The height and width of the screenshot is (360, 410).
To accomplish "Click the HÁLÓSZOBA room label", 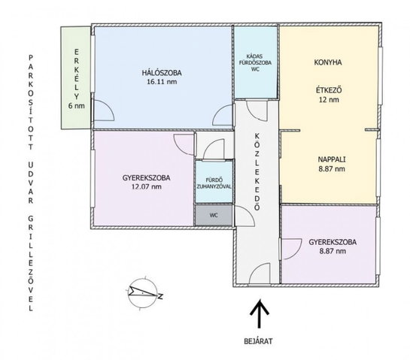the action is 162,73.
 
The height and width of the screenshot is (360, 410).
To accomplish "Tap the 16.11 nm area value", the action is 162,81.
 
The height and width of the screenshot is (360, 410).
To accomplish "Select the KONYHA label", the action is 328,62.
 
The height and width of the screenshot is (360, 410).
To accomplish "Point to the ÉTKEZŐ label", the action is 329,90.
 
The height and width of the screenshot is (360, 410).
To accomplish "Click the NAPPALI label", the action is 332,159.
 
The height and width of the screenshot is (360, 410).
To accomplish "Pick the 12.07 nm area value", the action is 147,186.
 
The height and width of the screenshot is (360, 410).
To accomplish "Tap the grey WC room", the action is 214,215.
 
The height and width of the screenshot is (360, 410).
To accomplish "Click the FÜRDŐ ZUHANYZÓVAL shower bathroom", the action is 214,182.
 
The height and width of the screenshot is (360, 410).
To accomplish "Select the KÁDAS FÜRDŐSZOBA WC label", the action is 256,62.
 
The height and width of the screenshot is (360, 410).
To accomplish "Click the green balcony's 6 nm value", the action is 76,106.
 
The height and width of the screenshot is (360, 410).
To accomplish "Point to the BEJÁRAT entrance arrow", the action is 259,313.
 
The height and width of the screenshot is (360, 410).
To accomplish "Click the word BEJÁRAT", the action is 258,341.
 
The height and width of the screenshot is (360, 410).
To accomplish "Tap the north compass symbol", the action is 143,293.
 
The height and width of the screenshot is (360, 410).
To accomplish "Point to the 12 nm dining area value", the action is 329,99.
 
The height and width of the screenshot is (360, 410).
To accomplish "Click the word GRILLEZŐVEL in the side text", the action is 31,263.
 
